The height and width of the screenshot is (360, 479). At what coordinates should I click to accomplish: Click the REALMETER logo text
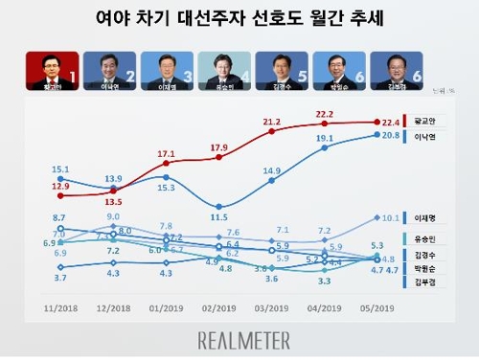(239, 337)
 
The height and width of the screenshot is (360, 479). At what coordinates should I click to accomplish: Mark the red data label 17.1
(168, 153)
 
